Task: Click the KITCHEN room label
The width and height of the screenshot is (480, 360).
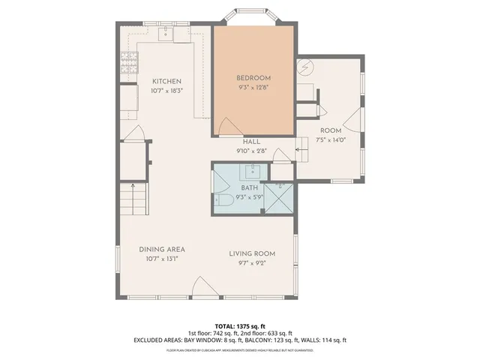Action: tap(167, 81)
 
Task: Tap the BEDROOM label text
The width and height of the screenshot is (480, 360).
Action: tap(253, 78)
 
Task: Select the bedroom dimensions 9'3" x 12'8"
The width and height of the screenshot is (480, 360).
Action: tap(253, 87)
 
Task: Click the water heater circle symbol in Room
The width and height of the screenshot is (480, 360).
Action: tap(304, 67)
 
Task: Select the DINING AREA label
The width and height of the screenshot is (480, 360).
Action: tap(162, 249)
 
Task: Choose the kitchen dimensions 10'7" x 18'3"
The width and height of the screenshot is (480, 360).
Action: tap(167, 90)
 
